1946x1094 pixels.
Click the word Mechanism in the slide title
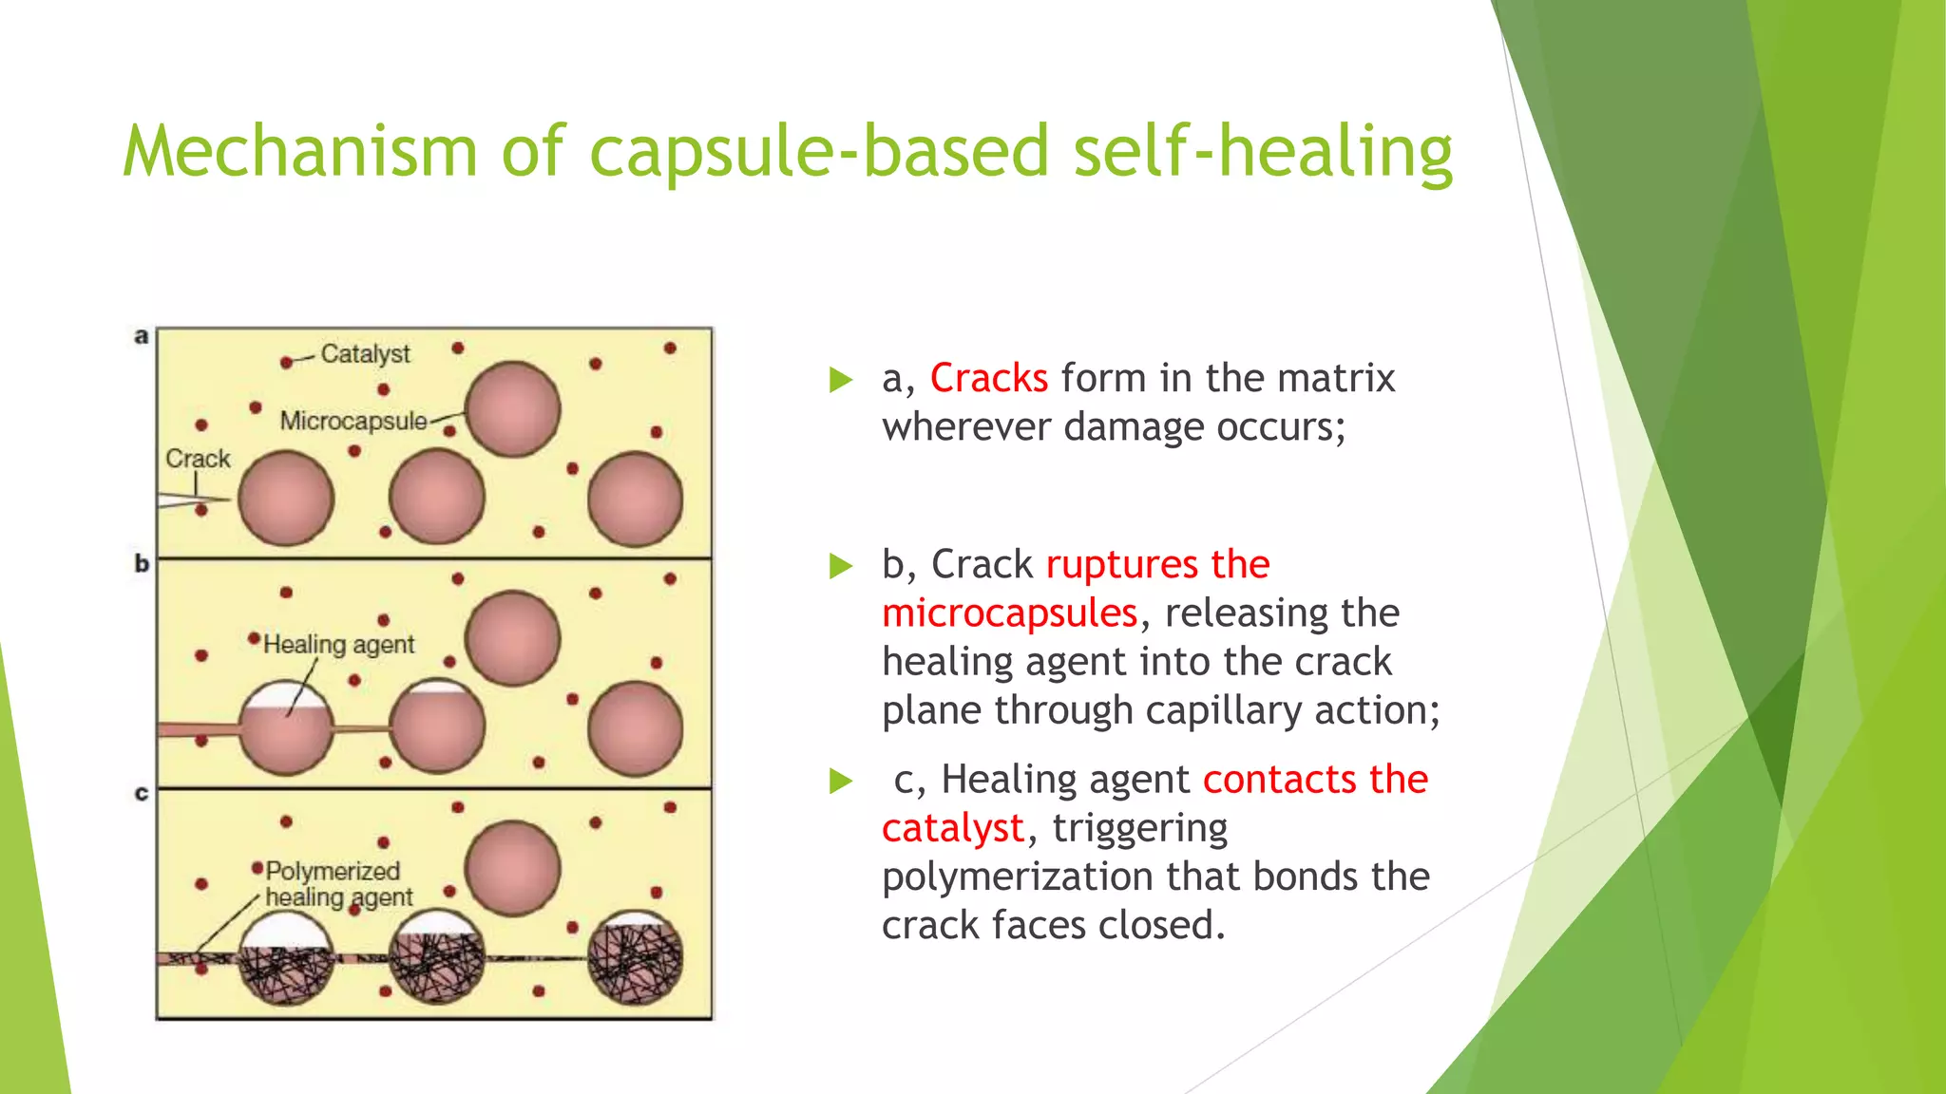[299, 152]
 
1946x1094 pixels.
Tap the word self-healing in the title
[1263, 152]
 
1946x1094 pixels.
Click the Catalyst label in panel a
[365, 354]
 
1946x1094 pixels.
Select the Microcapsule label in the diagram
[353, 421]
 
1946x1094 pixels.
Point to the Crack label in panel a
[198, 459]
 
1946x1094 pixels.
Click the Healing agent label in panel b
[338, 645]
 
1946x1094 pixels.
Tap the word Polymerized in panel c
[333, 871]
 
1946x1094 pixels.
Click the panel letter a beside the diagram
[142, 336]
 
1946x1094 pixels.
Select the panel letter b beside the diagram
[142, 564]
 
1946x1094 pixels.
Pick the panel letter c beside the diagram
[142, 793]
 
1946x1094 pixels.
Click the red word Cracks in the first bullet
[988, 379]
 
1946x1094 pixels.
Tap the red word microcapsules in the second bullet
[1009, 613]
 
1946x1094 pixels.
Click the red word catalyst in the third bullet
[953, 829]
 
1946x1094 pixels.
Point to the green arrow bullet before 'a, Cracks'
[841, 380]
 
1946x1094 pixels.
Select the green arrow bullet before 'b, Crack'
[841, 566]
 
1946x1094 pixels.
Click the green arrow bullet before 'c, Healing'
[841, 781]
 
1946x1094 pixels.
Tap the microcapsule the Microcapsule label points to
[513, 409]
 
